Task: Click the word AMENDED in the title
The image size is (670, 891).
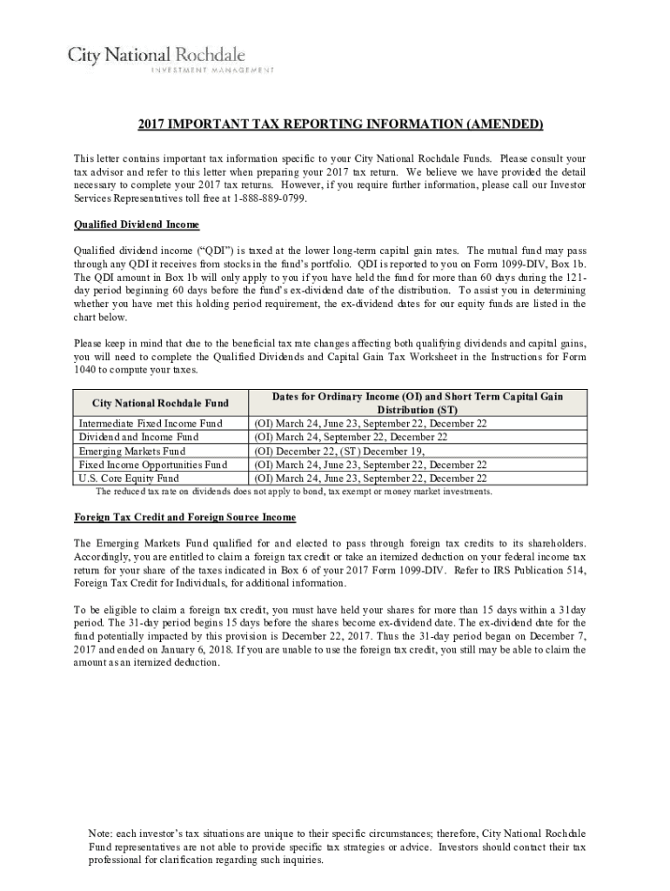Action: tap(505, 124)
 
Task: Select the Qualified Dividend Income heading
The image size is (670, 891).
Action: tap(137, 224)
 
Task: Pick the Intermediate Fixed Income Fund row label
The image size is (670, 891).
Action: tap(151, 423)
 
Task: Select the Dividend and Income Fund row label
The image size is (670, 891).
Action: tap(139, 437)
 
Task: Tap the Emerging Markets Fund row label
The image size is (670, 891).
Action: tap(132, 451)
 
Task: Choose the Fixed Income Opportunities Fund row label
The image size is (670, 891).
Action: tap(153, 465)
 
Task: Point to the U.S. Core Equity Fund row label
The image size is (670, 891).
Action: tap(129, 478)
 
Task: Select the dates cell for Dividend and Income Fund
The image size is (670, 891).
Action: tap(351, 437)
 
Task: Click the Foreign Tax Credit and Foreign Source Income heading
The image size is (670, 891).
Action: tap(184, 517)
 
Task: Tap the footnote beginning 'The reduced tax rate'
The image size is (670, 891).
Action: tap(294, 491)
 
